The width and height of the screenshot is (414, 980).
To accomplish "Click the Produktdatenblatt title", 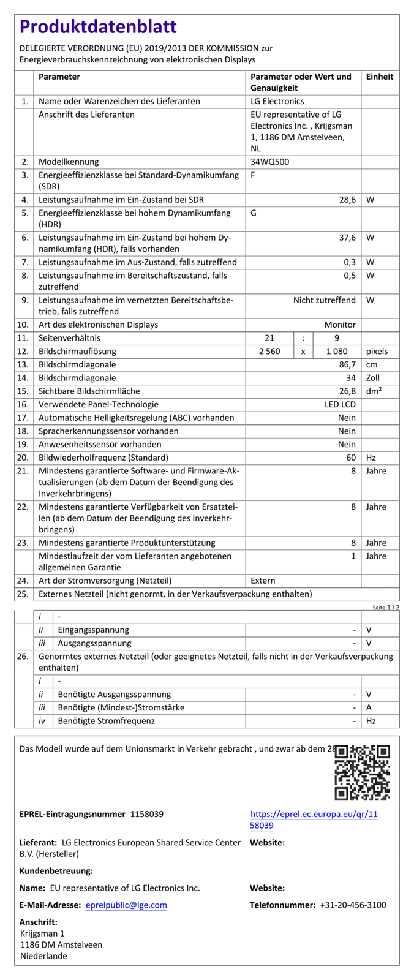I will [x=98, y=27].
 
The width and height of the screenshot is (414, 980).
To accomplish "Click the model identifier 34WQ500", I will [x=269, y=162].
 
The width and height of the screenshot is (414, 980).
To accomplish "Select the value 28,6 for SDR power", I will [x=347, y=200].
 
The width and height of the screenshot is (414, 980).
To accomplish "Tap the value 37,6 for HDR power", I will [x=347, y=238].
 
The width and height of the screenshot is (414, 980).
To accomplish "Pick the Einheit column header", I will [x=380, y=77].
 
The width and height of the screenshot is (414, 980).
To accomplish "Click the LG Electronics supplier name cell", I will [x=277, y=102].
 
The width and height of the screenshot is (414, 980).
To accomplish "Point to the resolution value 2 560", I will [x=269, y=352].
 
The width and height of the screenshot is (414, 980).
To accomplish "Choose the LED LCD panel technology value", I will [x=340, y=405].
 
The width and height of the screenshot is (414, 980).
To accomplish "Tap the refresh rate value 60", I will [x=351, y=458].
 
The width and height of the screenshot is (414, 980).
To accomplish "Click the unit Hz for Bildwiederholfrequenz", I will [x=371, y=458].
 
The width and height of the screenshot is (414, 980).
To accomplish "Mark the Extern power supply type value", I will [x=263, y=581].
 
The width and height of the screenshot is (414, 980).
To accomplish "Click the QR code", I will [x=362, y=772].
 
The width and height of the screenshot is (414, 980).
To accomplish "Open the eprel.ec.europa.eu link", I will [x=314, y=820].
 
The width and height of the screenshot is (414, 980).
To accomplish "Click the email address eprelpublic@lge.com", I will [x=126, y=905].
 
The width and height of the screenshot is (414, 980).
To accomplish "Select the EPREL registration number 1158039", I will [x=147, y=815].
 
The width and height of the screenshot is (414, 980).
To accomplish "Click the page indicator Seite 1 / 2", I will [x=385, y=608].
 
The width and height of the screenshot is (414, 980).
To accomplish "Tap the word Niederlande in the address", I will [x=43, y=956].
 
